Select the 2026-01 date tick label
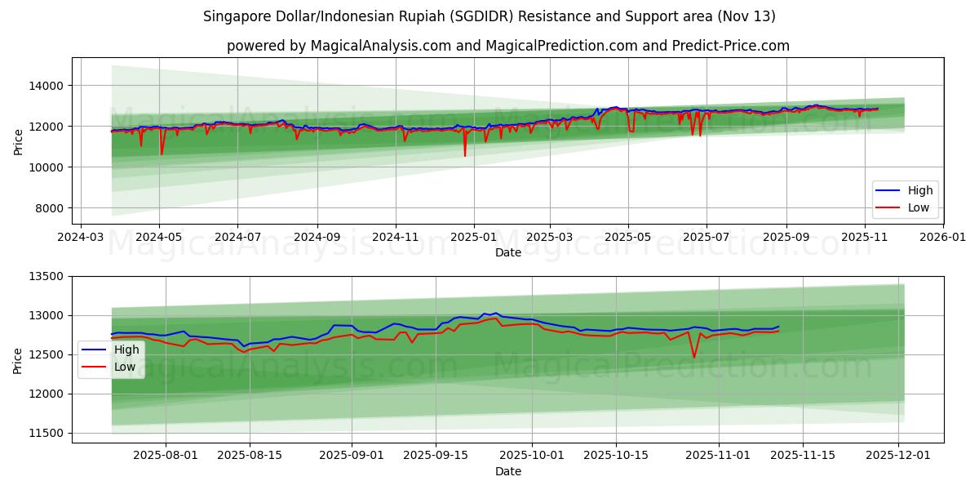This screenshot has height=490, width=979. (942, 237)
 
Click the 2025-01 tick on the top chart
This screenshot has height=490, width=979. (473, 237)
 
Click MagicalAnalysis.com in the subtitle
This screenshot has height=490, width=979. (381, 46)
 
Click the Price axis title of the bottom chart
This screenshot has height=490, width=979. (18, 359)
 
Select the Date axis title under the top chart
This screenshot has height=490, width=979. (507, 252)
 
